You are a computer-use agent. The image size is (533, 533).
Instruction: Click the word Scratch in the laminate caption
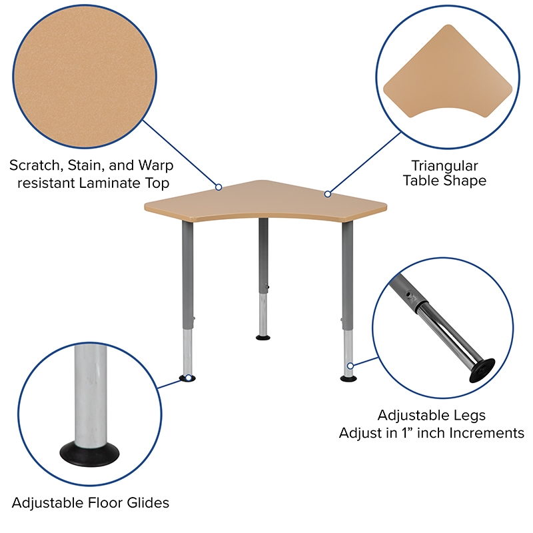pyautogui.click(x=35, y=165)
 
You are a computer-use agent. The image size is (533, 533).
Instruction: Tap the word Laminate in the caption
pyautogui.click(x=109, y=183)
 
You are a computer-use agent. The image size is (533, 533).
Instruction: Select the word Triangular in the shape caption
pyautogui.click(x=444, y=166)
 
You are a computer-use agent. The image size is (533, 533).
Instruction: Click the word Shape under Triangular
pyautogui.click(x=465, y=181)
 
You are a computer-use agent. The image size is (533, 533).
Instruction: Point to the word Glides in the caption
pyautogui.click(x=147, y=503)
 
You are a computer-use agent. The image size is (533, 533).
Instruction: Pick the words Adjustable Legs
pyautogui.click(x=431, y=415)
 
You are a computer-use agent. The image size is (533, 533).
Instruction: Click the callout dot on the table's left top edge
pyautogui.click(x=219, y=187)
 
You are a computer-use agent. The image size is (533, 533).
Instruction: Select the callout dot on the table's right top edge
pyautogui.click(x=328, y=194)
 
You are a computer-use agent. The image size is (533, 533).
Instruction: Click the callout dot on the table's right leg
pyautogui.click(x=350, y=366)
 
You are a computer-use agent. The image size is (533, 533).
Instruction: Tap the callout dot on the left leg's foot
pyautogui.click(x=189, y=378)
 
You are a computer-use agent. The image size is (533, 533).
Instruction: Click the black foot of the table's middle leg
pyautogui.click(x=263, y=338)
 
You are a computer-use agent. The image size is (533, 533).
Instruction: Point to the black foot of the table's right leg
pyautogui.click(x=348, y=378)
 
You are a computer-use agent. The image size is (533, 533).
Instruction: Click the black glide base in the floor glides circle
pyautogui.click(x=90, y=455)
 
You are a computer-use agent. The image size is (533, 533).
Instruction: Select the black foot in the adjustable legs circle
pyautogui.click(x=482, y=370)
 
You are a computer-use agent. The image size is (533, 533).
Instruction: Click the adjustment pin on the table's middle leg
pyautogui.click(x=268, y=288)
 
